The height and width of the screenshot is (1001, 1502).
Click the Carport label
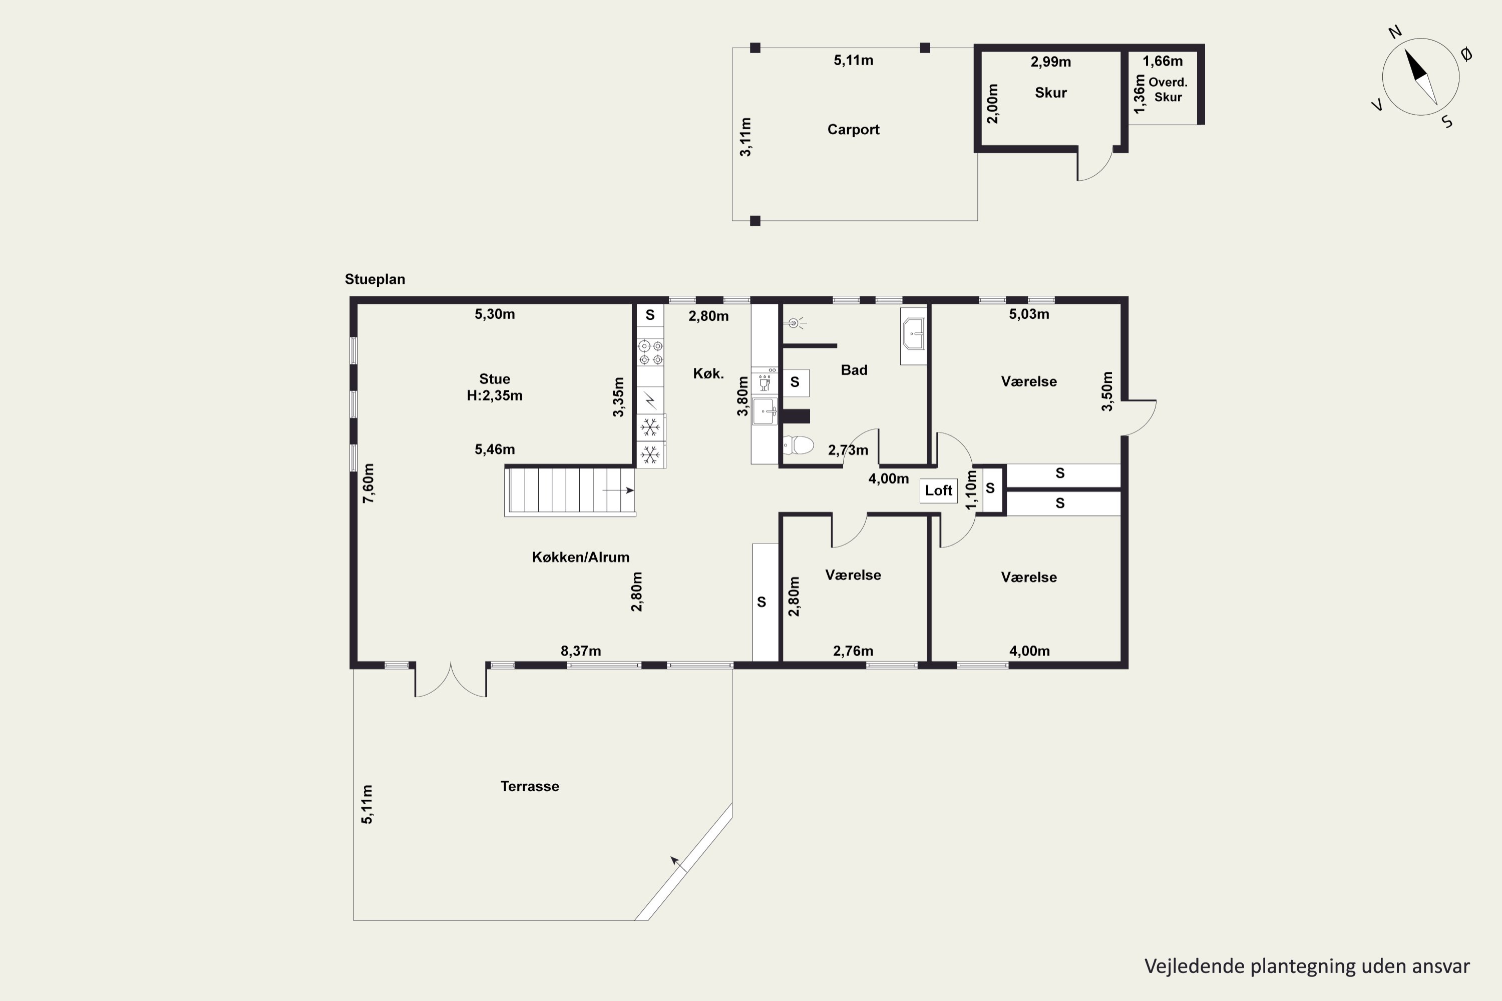(853, 130)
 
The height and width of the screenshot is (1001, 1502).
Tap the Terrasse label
(529, 786)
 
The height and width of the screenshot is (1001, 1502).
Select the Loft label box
(938, 490)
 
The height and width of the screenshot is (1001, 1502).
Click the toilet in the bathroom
(798, 444)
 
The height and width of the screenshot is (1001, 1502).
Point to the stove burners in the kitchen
(650, 353)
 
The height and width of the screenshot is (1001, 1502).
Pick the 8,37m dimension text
(580, 651)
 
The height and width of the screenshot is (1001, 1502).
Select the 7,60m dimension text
(368, 483)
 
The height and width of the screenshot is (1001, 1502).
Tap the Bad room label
(854, 370)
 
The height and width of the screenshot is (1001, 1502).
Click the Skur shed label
(1050, 93)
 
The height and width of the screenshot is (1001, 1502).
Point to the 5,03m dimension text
(1029, 314)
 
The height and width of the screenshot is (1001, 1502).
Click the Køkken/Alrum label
(580, 558)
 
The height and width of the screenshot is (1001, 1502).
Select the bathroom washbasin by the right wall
(914, 334)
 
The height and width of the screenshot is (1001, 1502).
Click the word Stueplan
(375, 279)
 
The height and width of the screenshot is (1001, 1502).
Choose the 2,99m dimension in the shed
(1050, 62)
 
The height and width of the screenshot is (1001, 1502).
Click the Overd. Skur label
(1168, 90)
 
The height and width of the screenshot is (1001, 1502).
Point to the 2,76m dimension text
(853, 651)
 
